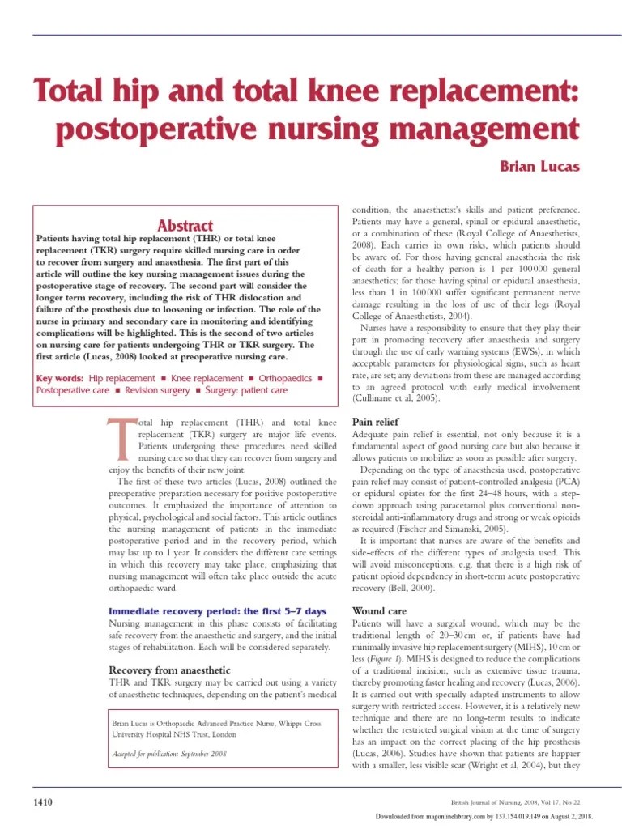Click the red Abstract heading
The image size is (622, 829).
tap(186, 226)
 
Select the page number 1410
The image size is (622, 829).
tap(42, 802)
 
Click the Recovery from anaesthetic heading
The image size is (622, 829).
tap(169, 670)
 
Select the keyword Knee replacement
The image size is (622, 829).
tap(207, 378)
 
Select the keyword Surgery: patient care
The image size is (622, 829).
tap(246, 390)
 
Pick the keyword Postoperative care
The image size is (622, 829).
tap(72, 390)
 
